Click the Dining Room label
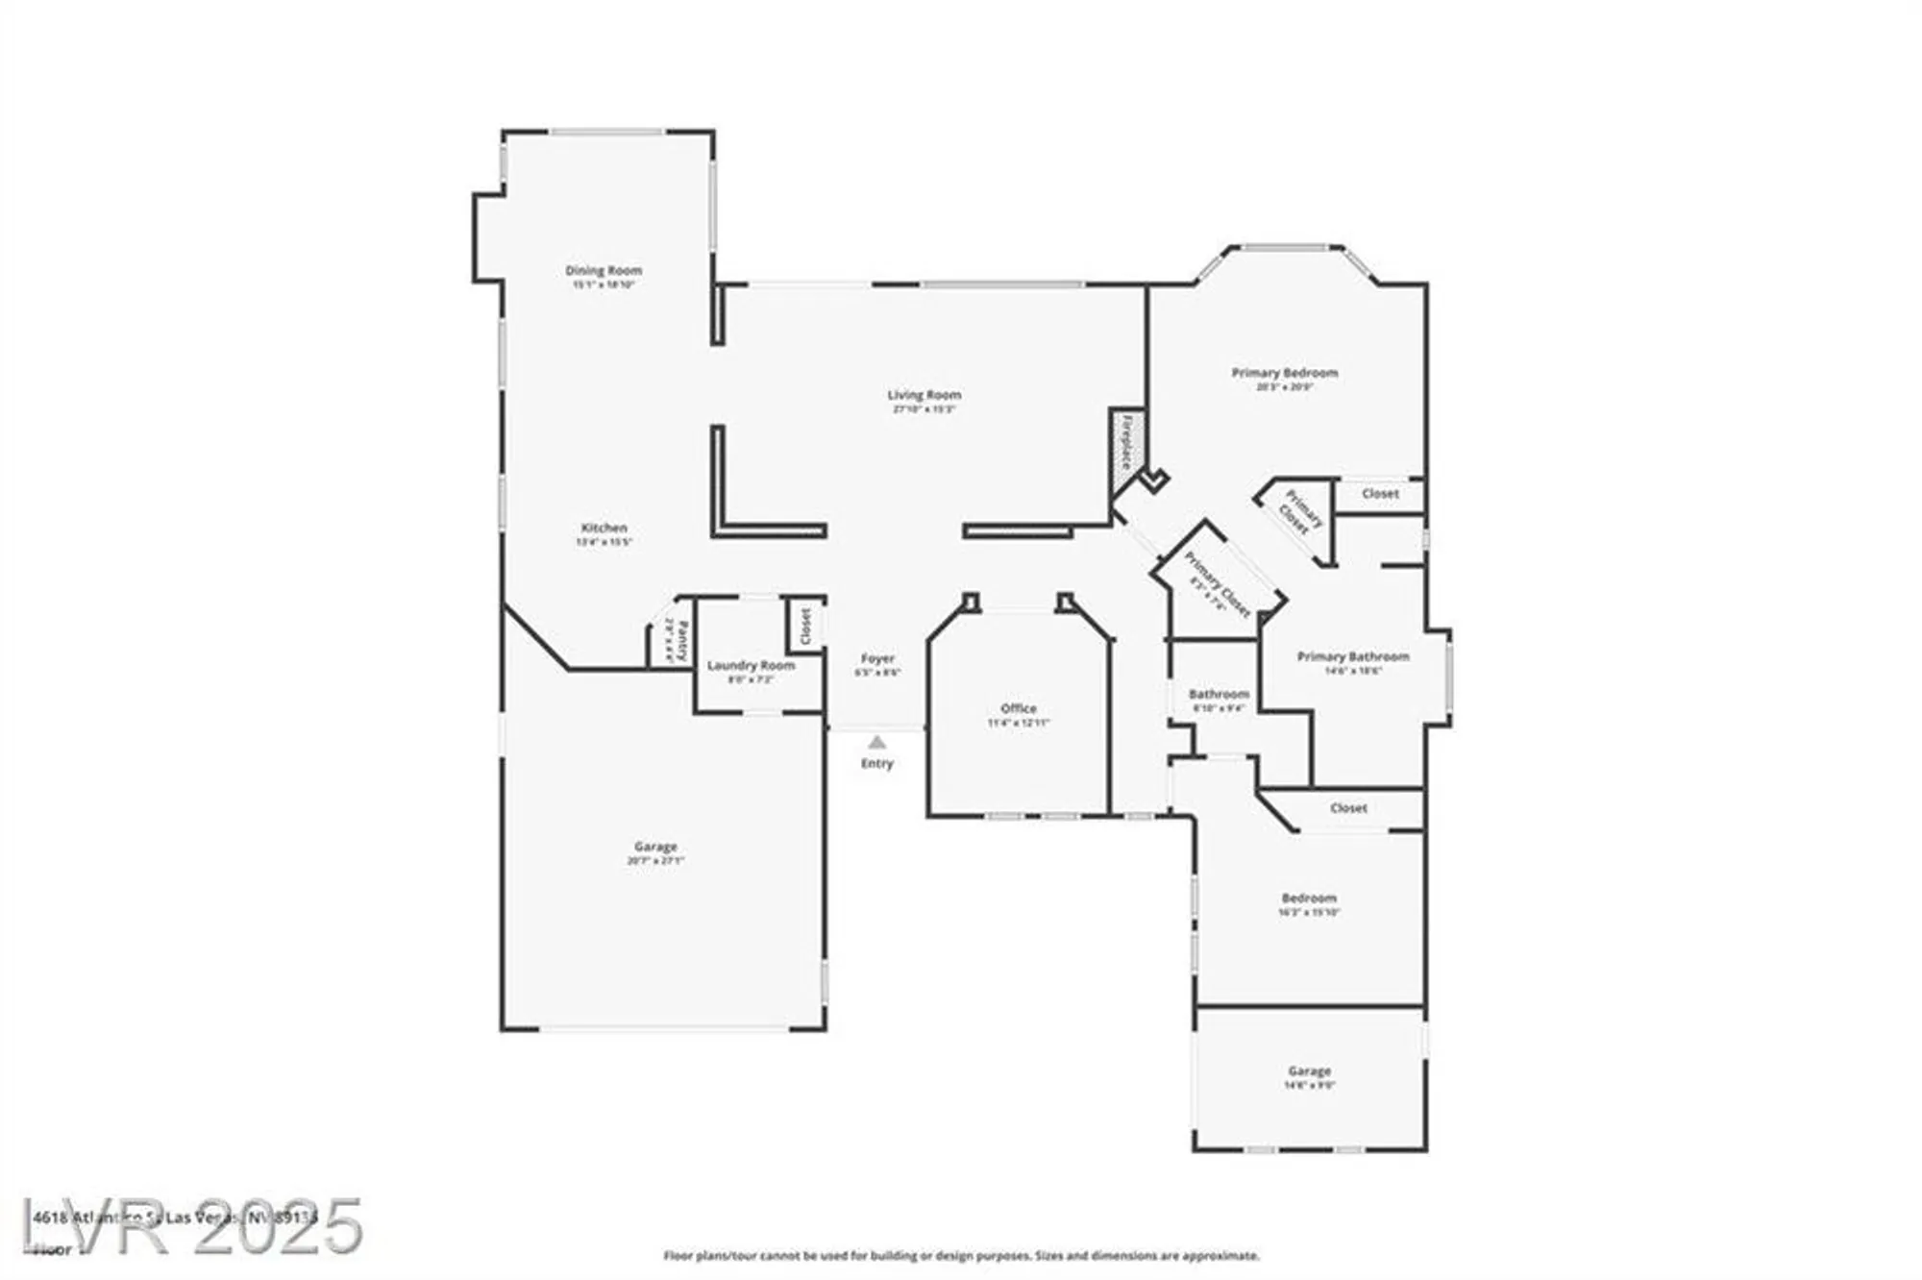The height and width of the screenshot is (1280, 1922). click(x=604, y=271)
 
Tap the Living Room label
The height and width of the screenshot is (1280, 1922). click(x=924, y=395)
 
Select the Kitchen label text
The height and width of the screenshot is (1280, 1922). click(x=604, y=528)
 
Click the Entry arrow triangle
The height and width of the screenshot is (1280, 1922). click(x=876, y=742)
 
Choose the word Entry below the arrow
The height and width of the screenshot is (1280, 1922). click(x=876, y=763)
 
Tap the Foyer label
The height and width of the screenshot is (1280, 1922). click(x=877, y=658)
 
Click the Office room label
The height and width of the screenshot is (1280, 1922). click(x=1019, y=708)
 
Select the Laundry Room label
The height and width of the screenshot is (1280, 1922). click(x=751, y=665)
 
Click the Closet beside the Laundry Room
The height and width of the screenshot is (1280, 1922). click(x=805, y=627)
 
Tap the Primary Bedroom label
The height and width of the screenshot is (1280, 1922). click(x=1285, y=373)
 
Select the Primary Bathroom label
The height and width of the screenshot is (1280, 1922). click(x=1353, y=656)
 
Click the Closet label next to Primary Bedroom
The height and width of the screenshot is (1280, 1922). click(x=1380, y=493)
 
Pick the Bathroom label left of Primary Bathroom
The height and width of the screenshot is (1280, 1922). click(x=1219, y=694)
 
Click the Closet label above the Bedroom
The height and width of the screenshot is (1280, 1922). click(x=1348, y=808)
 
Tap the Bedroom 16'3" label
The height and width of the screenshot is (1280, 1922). click(x=1309, y=898)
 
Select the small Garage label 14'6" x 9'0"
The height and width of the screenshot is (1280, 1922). click(x=1309, y=1071)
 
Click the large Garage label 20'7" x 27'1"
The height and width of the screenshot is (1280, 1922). click(x=655, y=847)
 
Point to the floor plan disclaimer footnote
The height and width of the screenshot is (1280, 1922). click(x=961, y=1255)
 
